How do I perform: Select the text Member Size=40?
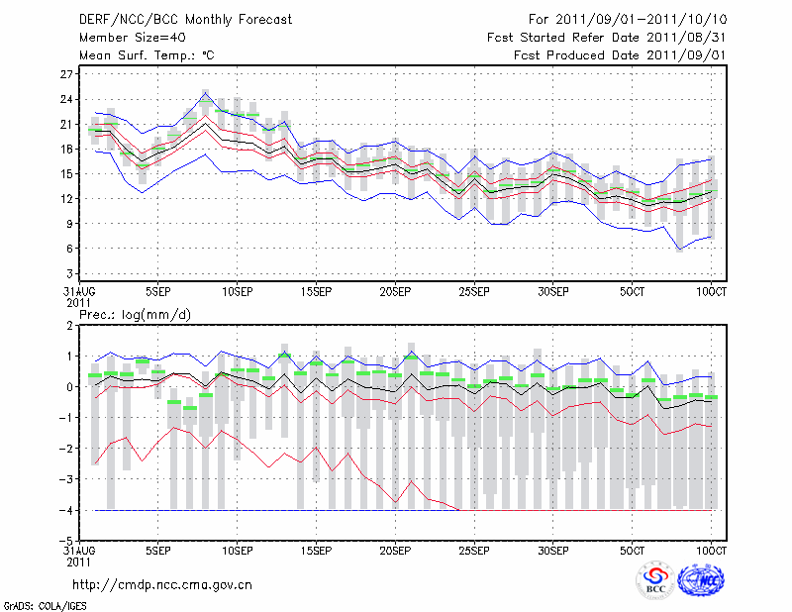[127, 38]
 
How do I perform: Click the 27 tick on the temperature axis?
[67, 74]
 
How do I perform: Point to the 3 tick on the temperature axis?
[70, 272]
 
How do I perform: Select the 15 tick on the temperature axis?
[67, 173]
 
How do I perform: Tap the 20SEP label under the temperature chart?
[395, 292]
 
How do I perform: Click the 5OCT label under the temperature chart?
[633, 292]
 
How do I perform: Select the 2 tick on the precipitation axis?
[70, 326]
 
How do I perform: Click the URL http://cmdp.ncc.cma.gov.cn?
[162, 584]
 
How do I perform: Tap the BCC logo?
[654, 581]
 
